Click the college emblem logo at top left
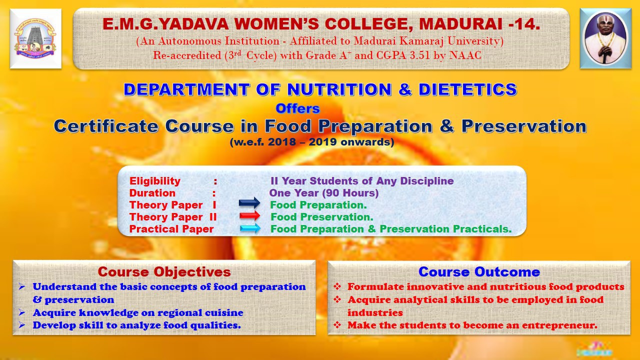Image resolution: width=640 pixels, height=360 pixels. (x=35, y=38)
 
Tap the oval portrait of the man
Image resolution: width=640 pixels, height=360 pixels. (x=605, y=38)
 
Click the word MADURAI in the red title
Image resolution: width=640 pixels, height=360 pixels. (x=460, y=24)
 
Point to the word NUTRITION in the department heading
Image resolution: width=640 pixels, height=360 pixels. (x=339, y=89)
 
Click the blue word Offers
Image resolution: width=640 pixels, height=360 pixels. (x=297, y=108)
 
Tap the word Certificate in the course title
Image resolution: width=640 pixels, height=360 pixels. (x=106, y=126)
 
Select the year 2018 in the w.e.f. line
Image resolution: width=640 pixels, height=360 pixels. (x=281, y=142)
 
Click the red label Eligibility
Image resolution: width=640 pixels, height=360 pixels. (x=155, y=181)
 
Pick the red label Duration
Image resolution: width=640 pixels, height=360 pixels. (x=152, y=193)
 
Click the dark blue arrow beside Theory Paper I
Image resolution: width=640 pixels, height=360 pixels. (x=249, y=202)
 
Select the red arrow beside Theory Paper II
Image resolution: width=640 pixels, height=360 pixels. (x=249, y=215)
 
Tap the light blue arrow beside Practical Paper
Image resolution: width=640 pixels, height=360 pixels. (x=250, y=228)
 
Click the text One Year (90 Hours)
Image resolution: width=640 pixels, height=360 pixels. (x=323, y=193)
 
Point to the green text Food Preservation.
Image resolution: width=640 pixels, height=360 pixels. (x=321, y=217)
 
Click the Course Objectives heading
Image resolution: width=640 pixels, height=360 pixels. (x=164, y=271)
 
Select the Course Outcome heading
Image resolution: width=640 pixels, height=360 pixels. (x=479, y=271)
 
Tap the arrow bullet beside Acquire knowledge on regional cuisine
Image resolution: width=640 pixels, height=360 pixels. (x=22, y=312)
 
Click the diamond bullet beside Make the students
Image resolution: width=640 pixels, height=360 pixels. (x=337, y=325)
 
